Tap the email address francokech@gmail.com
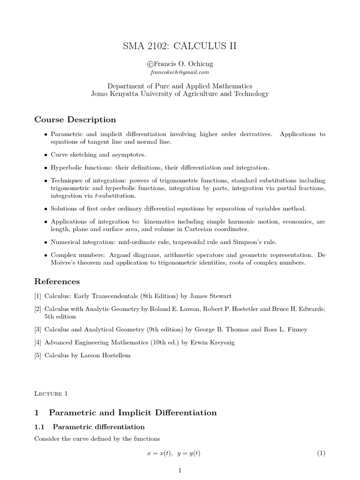click(180, 73)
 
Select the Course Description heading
click(75, 120)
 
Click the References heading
click(57, 281)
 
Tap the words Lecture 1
click(51, 393)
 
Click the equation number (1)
click(321, 453)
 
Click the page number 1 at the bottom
click(180, 471)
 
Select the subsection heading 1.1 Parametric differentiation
click(90, 427)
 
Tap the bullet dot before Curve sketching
click(45, 155)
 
